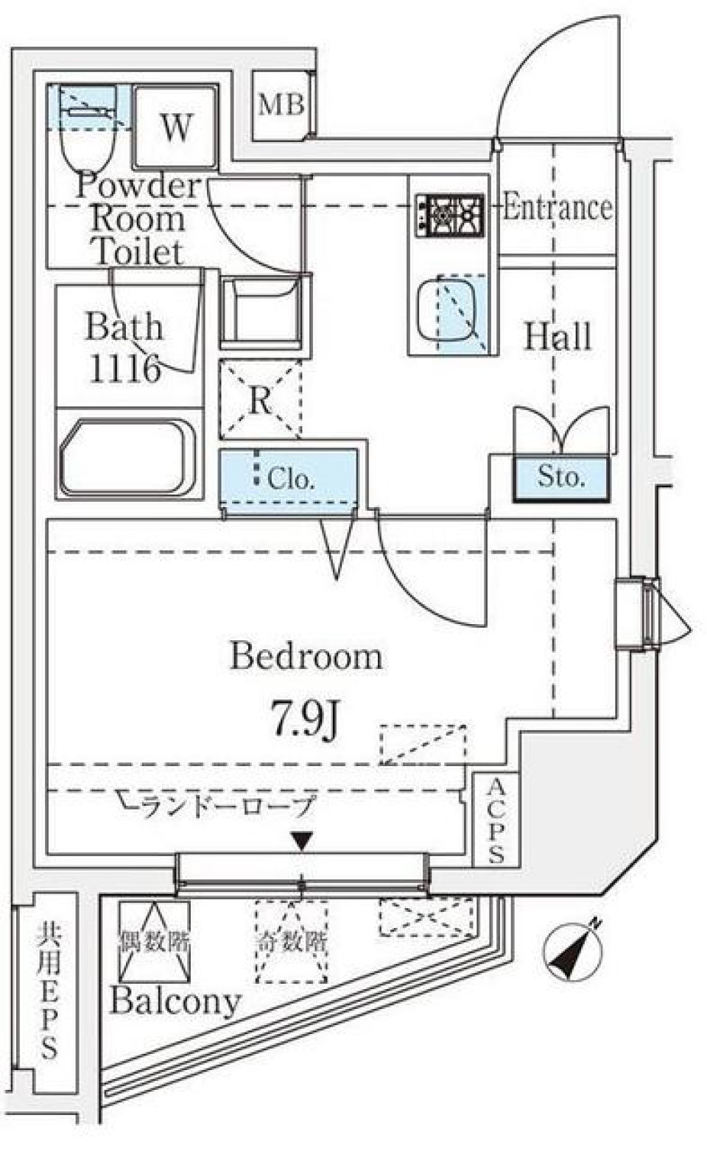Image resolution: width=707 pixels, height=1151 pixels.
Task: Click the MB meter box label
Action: (281, 105)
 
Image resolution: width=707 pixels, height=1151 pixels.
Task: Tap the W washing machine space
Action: (176, 127)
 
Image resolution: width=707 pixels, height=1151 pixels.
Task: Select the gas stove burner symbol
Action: (449, 216)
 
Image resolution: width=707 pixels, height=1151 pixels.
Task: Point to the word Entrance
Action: (557, 208)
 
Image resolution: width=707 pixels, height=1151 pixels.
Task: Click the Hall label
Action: (557, 336)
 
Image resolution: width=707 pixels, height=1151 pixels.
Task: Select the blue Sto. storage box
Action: (561, 478)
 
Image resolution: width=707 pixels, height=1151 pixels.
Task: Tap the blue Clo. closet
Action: (289, 478)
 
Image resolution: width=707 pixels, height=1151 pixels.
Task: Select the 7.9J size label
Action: (305, 719)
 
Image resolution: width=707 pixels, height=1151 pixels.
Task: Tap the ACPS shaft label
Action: (496, 820)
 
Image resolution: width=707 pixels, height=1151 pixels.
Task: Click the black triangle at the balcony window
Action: (302, 840)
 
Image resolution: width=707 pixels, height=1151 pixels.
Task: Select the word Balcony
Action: (175, 1001)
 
